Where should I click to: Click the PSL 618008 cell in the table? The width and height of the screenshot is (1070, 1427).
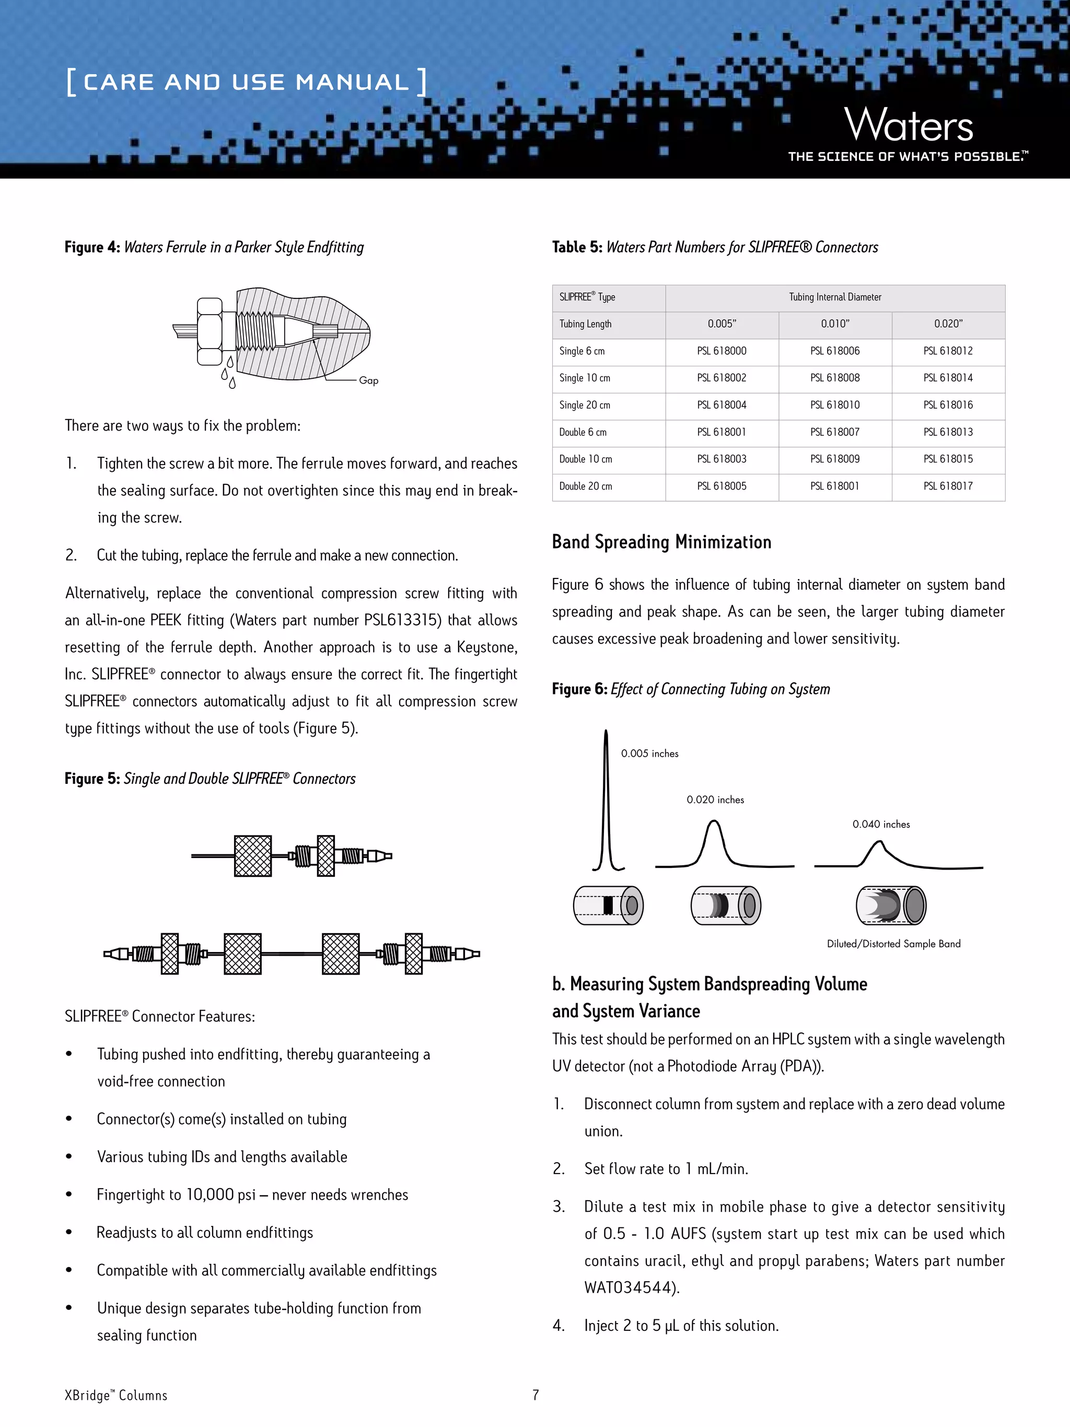(x=834, y=378)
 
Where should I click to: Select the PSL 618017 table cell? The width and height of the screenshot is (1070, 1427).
(x=947, y=486)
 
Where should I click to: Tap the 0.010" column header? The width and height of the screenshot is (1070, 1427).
(x=834, y=324)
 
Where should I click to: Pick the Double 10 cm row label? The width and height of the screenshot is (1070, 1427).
(x=586, y=459)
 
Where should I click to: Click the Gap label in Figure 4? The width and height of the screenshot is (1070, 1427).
(x=368, y=380)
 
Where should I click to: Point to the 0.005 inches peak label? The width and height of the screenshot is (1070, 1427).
(x=649, y=753)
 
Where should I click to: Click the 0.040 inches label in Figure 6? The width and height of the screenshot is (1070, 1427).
(x=881, y=825)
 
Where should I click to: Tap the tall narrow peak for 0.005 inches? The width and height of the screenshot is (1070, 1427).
(x=606, y=800)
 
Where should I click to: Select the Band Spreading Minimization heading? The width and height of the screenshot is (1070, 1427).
(x=661, y=542)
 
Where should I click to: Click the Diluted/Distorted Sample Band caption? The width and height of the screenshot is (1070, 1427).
(x=893, y=944)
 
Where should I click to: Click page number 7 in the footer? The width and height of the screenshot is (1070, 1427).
(x=536, y=1395)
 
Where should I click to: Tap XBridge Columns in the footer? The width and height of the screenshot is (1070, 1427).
(x=116, y=1396)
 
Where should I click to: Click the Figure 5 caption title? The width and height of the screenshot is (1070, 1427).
(x=210, y=779)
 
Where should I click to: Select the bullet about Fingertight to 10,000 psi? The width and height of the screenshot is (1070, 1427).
(x=252, y=1195)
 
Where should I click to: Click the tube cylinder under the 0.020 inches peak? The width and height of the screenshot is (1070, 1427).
(x=726, y=905)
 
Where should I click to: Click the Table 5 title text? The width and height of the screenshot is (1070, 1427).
(x=715, y=247)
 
